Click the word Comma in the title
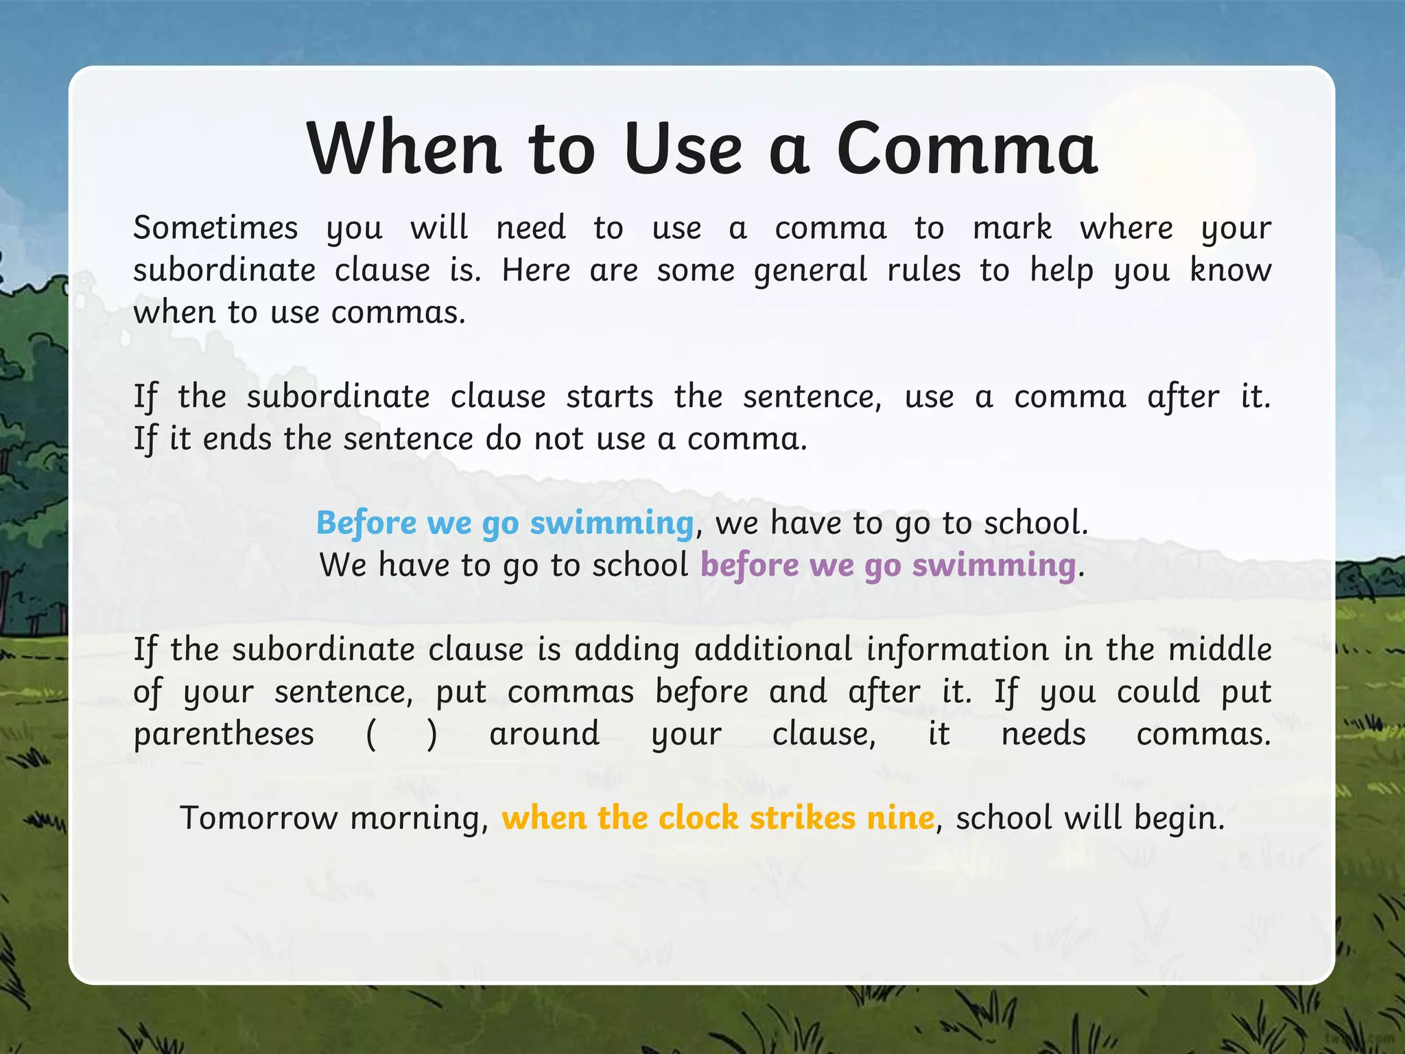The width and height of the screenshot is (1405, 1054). [967, 149]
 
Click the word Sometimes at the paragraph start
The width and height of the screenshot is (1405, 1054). [215, 228]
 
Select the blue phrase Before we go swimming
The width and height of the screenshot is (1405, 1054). [505, 523]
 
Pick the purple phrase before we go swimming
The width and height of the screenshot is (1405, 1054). [888, 565]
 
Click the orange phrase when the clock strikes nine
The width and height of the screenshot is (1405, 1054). [718, 818]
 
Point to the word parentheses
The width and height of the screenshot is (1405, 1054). [224, 734]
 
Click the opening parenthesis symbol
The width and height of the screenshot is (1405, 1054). [371, 734]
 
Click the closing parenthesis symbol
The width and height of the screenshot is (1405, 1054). [432, 734]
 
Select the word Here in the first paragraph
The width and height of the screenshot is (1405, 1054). [536, 270]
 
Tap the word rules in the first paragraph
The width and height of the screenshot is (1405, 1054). [923, 270]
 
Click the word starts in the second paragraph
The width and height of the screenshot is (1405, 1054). [609, 397]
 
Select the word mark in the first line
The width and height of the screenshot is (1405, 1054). [1012, 228]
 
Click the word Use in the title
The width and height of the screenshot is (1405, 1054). [683, 149]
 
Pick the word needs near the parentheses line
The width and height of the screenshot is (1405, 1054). [1043, 734]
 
